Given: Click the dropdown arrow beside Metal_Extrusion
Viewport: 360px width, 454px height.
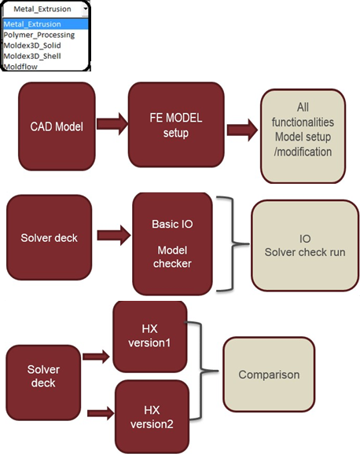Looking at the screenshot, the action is [x=85, y=9].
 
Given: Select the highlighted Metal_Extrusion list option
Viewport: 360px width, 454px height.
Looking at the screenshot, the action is [x=32, y=24].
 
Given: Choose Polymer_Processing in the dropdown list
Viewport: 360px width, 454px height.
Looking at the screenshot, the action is [x=39, y=35].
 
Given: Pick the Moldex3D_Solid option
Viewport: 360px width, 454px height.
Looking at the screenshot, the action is [x=32, y=46].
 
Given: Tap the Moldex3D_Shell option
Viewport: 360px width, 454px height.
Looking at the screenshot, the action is [x=32, y=56].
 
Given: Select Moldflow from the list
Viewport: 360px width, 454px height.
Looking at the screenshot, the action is [x=20, y=67].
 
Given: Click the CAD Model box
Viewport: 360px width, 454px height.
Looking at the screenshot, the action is [x=57, y=126].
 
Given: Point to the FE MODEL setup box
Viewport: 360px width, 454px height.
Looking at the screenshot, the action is [x=176, y=125].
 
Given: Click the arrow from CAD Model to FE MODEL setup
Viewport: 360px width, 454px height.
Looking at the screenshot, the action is [x=112, y=124].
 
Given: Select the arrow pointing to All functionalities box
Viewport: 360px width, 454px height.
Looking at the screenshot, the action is [x=242, y=130].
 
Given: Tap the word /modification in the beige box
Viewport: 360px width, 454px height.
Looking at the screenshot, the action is [x=303, y=152].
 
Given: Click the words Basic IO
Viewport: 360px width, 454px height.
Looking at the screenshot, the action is [x=172, y=224].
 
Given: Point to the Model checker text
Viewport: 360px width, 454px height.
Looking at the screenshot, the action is [x=172, y=257].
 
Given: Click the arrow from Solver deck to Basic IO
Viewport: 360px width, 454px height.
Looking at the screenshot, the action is [x=114, y=236].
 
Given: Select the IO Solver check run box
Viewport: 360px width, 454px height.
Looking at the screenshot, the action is [x=305, y=246].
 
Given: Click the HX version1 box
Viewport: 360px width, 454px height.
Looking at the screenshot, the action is [x=150, y=336].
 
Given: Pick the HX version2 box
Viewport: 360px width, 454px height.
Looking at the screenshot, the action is [x=152, y=417].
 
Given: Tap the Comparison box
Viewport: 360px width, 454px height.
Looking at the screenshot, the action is [x=269, y=375].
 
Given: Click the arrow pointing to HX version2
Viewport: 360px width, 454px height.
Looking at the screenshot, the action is [x=101, y=413].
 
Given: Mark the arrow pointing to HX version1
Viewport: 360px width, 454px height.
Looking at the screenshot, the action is [x=96, y=357].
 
